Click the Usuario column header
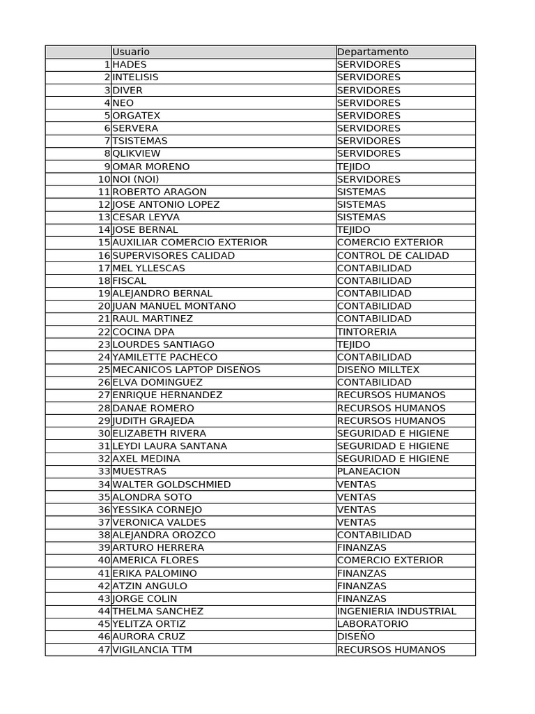131,52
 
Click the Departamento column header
373,52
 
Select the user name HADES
130,64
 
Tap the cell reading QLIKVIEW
137,153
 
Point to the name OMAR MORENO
151,167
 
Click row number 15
104,243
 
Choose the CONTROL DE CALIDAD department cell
393,255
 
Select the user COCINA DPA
144,332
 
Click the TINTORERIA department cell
366,332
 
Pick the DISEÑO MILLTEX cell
378,370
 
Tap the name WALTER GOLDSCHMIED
171,485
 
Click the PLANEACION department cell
369,471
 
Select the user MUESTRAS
139,471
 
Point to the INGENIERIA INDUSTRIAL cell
396,612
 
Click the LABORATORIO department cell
373,624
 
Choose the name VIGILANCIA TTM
152,650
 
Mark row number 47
104,650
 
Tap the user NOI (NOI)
135,179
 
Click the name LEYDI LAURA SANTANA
169,446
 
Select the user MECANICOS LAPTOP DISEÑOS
186,370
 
